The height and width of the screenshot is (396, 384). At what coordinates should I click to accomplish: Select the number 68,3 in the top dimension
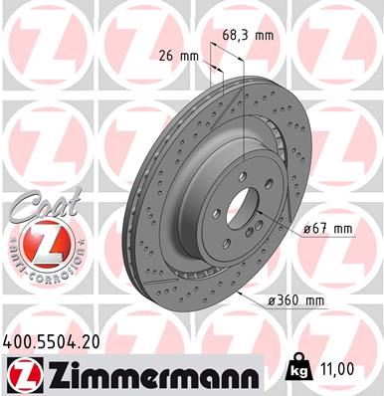tap(235, 36)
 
